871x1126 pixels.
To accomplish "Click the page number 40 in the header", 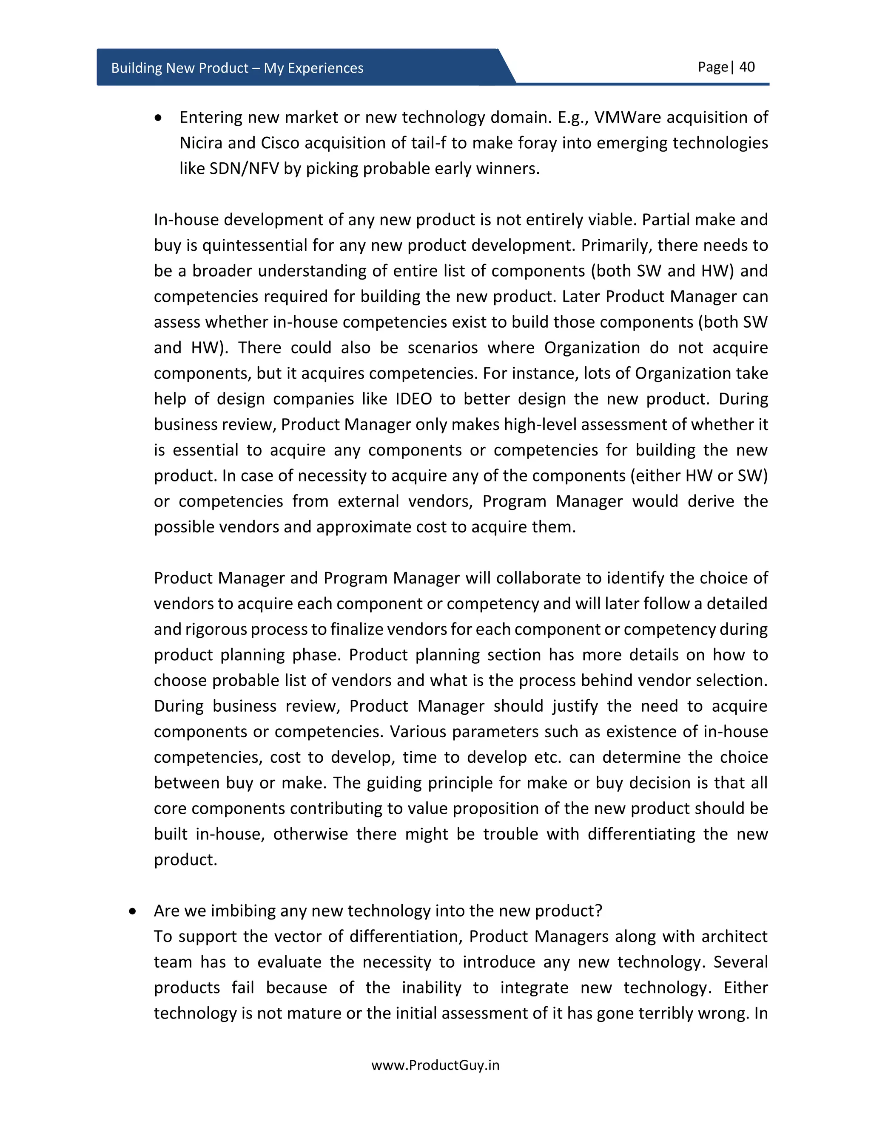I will pos(747,67).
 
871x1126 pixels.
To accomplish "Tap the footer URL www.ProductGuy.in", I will pos(435,1065).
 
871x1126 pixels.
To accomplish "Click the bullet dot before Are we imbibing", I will pos(133,911).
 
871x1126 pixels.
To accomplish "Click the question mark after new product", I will pos(598,911).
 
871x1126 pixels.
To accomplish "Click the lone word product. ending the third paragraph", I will pos(185,860).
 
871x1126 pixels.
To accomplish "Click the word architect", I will pos(734,937).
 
